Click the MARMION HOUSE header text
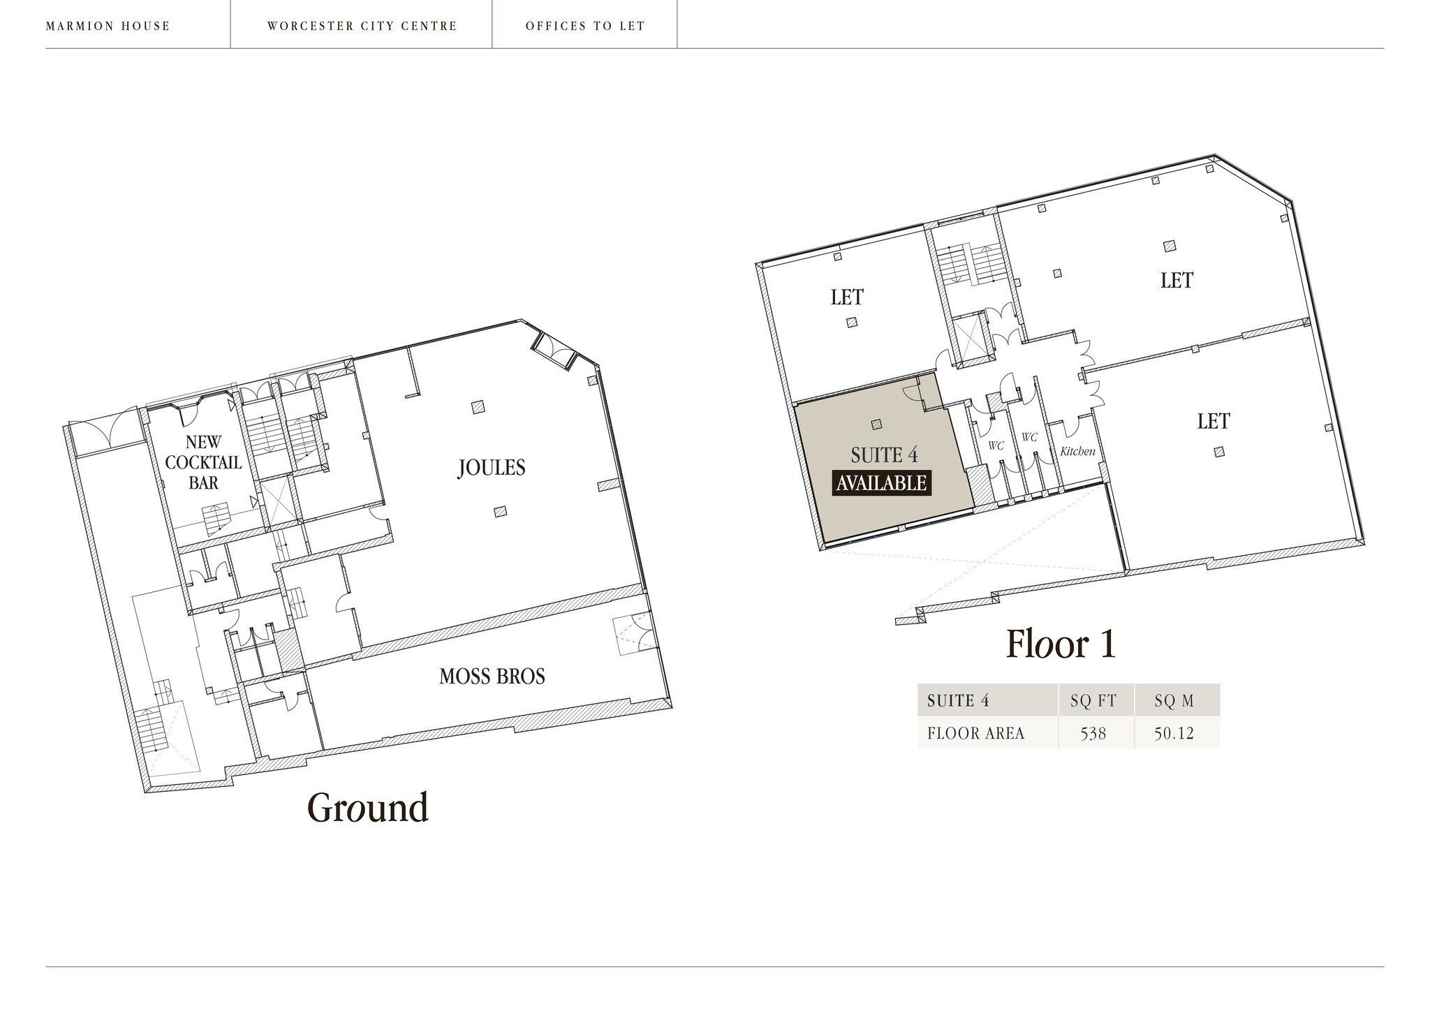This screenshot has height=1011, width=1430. click(x=108, y=27)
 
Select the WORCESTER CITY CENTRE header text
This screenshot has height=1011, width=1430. click(x=362, y=27)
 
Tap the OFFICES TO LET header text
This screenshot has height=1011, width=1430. click(x=585, y=27)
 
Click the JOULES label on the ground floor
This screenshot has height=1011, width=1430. click(x=492, y=467)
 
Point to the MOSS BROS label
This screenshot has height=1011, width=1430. click(x=492, y=676)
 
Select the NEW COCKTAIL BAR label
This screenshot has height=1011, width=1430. click(x=203, y=462)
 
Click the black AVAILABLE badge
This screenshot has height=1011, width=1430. click(x=881, y=483)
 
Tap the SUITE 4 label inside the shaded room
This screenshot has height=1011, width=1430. click(x=883, y=455)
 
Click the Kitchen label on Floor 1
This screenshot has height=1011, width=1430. click(x=1077, y=451)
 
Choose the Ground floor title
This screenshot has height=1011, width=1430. click(x=368, y=808)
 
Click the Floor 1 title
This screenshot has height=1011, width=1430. click(x=1061, y=644)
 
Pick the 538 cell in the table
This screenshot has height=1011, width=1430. click(x=1093, y=733)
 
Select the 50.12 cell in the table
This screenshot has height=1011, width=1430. click(x=1174, y=733)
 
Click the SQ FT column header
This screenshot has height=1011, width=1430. click(x=1093, y=701)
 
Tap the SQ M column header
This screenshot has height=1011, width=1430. click(x=1174, y=701)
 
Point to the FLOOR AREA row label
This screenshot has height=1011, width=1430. click(x=975, y=733)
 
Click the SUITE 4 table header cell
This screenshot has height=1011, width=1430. click(x=958, y=701)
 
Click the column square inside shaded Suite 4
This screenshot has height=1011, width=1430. click(x=876, y=424)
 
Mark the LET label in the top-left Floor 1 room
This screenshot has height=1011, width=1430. click(x=847, y=297)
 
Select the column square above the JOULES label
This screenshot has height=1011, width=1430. click(x=478, y=406)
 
